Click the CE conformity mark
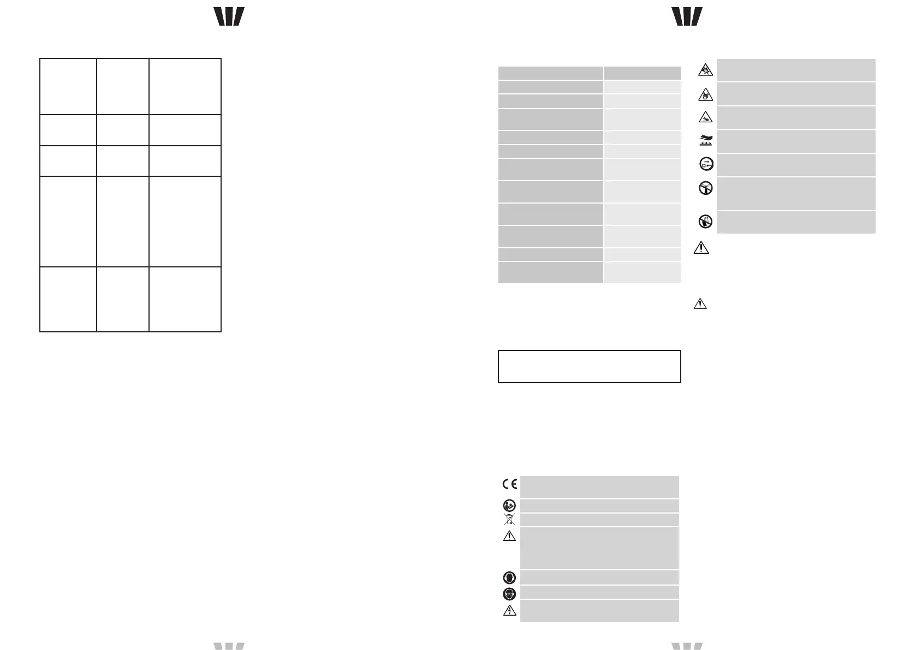click(509, 484)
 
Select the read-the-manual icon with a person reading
click(509, 505)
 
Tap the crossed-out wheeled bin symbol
click(509, 519)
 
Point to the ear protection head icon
click(509, 577)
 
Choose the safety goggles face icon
click(509, 593)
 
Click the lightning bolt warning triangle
click(509, 610)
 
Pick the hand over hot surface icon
click(706, 141)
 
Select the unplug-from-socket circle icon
click(706, 164)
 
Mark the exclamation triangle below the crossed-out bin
click(509, 536)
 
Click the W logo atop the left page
click(229, 17)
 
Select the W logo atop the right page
click(687, 17)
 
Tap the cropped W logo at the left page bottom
click(229, 646)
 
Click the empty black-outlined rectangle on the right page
click(590, 366)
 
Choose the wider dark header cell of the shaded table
click(550, 74)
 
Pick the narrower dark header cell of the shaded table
click(643, 74)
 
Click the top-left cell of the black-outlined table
click(68, 86)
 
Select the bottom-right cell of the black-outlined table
click(185, 299)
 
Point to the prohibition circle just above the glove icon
click(706, 189)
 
